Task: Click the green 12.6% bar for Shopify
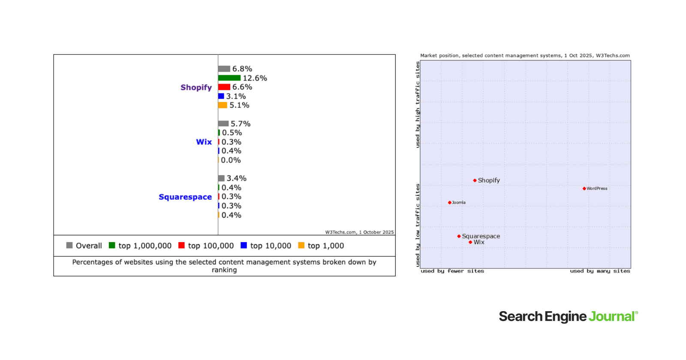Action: click(x=229, y=78)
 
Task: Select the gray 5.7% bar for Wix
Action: click(x=223, y=123)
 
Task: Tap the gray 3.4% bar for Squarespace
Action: click(x=221, y=178)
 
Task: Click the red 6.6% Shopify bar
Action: click(x=224, y=87)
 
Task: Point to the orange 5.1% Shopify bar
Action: click(x=223, y=105)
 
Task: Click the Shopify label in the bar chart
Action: click(x=196, y=87)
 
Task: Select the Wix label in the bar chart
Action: click(x=204, y=142)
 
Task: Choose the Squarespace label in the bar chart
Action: click(x=185, y=197)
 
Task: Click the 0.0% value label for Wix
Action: click(x=231, y=160)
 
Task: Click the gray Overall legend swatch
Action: click(x=69, y=245)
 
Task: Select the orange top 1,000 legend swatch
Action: click(x=301, y=245)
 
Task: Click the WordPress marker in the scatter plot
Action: click(x=584, y=189)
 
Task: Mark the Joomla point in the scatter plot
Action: click(x=449, y=203)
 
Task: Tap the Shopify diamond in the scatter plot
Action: click(x=475, y=180)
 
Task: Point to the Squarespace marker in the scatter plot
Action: click(x=459, y=236)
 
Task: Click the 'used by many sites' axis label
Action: click(x=600, y=271)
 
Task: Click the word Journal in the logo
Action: click(x=611, y=317)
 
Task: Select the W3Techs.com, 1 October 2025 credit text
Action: click(x=359, y=232)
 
